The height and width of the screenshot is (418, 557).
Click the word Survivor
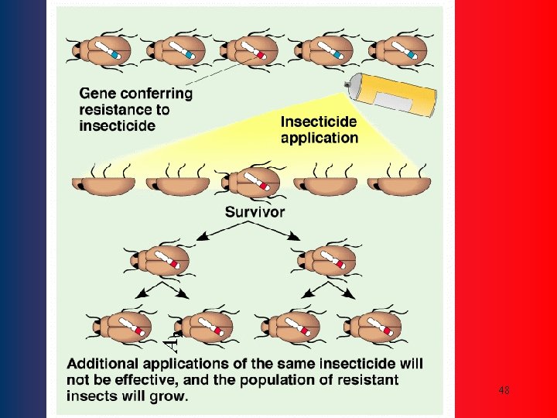(255, 211)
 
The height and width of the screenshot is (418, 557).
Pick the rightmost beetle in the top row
(399, 51)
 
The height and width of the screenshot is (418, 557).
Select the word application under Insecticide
(319, 138)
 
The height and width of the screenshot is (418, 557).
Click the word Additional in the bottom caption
(104, 363)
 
